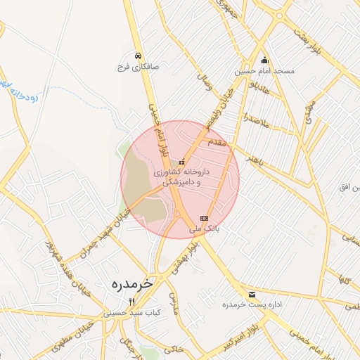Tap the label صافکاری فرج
click(139, 68)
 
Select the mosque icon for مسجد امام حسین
click(264, 60)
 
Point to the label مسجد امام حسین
click(266, 71)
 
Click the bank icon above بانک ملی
click(204, 218)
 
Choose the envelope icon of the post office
click(252, 293)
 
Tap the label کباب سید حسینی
click(132, 312)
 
